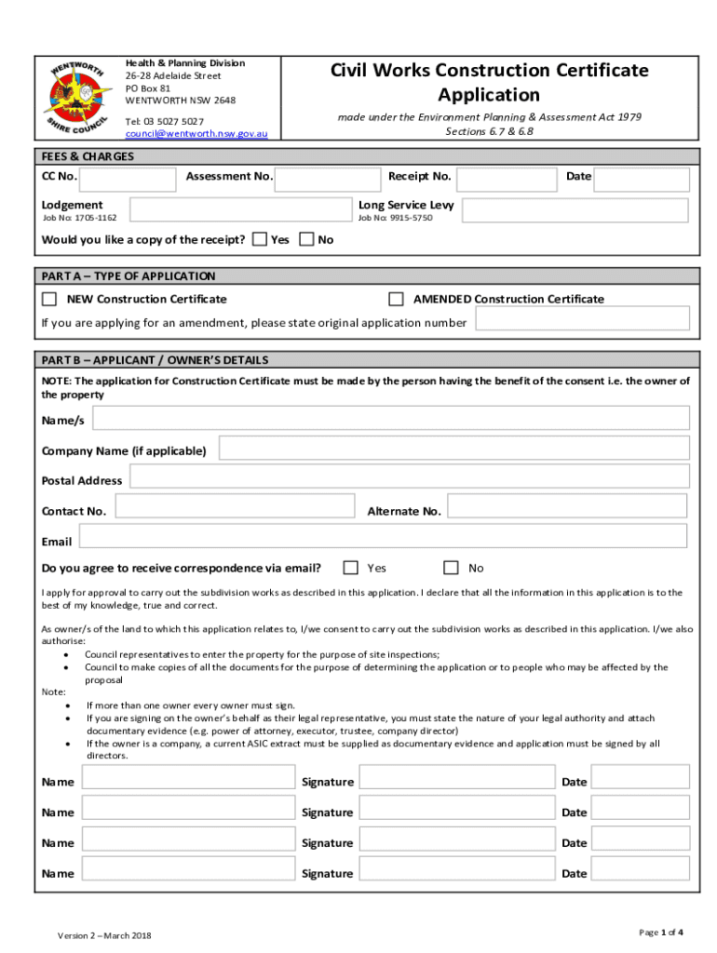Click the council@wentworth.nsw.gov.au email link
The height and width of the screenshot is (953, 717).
coord(196,134)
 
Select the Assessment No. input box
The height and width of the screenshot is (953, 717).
coord(331,179)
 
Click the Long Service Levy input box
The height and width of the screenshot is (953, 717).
coord(575,211)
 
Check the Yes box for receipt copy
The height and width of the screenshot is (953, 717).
coord(260,239)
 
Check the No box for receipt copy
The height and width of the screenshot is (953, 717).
coord(307,239)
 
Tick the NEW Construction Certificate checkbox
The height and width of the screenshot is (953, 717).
coord(49,299)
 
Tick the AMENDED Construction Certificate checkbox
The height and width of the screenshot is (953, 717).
coord(396,299)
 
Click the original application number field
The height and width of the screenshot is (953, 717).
coord(582,319)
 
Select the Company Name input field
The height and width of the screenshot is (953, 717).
coord(453,450)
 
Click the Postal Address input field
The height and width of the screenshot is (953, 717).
coord(409,477)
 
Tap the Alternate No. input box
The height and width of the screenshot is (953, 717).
coord(567,507)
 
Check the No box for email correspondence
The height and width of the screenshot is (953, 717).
coord(452,568)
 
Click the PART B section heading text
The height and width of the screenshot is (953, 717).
coord(155,360)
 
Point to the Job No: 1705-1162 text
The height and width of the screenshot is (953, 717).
coord(80,218)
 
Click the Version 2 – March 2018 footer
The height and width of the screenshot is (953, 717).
coord(104,934)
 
